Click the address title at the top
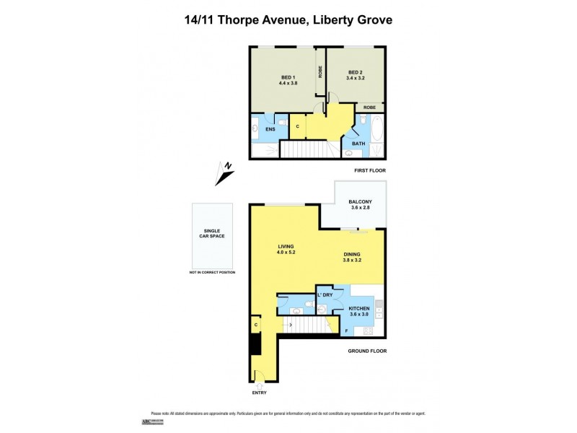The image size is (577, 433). (x=288, y=20)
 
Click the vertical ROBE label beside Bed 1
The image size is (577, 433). (x=320, y=72)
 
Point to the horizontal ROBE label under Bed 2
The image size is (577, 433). (x=369, y=108)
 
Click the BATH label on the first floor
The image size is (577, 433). (x=358, y=144)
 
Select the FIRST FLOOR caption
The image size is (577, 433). (x=370, y=170)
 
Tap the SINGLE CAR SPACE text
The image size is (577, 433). (x=212, y=236)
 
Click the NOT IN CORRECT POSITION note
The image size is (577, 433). (x=212, y=272)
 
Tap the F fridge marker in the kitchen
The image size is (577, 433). (x=346, y=331)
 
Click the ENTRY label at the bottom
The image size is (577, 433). (x=258, y=393)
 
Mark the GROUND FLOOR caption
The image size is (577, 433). (x=367, y=351)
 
